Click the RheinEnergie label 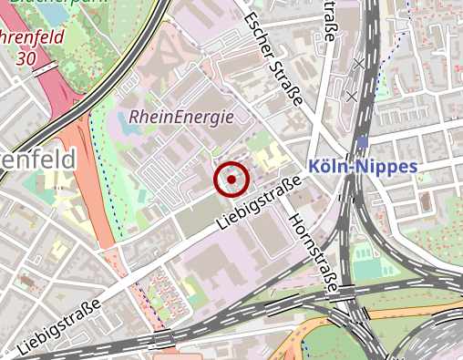click(x=181, y=117)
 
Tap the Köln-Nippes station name click(x=363, y=167)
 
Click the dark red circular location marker click(x=231, y=180)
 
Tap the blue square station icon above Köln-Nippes click(x=363, y=141)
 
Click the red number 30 click(x=26, y=57)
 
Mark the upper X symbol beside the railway click(x=358, y=65)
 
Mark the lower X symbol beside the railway click(x=351, y=95)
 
